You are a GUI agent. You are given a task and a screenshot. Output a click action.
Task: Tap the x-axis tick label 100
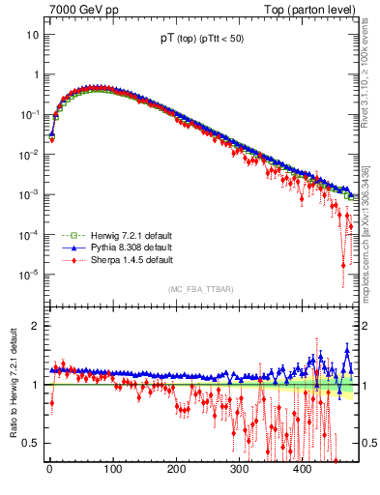point(112,469)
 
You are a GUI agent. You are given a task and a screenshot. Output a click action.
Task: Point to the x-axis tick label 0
point(49,469)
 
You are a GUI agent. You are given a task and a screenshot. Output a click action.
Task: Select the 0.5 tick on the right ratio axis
point(367,443)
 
